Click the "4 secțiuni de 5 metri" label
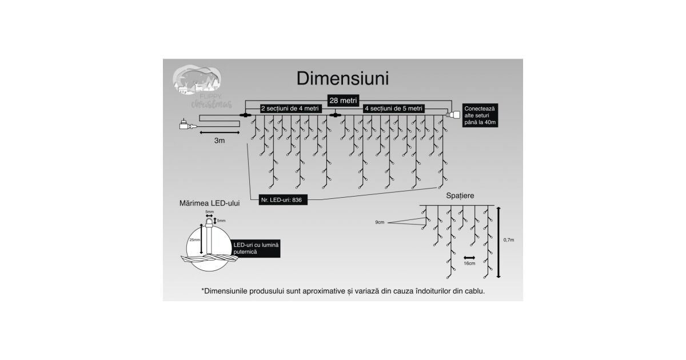point(393,108)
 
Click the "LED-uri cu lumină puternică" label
point(256,247)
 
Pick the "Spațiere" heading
point(460,196)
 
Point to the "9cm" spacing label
point(380,222)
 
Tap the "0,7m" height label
point(508,241)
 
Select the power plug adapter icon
point(186,124)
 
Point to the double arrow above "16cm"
point(470,257)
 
